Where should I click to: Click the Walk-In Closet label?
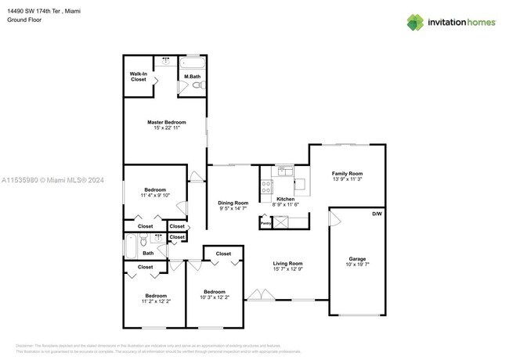[139, 77]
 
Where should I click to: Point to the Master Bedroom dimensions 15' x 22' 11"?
[166, 128]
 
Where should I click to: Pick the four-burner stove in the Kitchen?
[265, 187]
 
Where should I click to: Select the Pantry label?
[265, 222]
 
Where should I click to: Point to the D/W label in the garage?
[377, 214]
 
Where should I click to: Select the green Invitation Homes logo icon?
[414, 22]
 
